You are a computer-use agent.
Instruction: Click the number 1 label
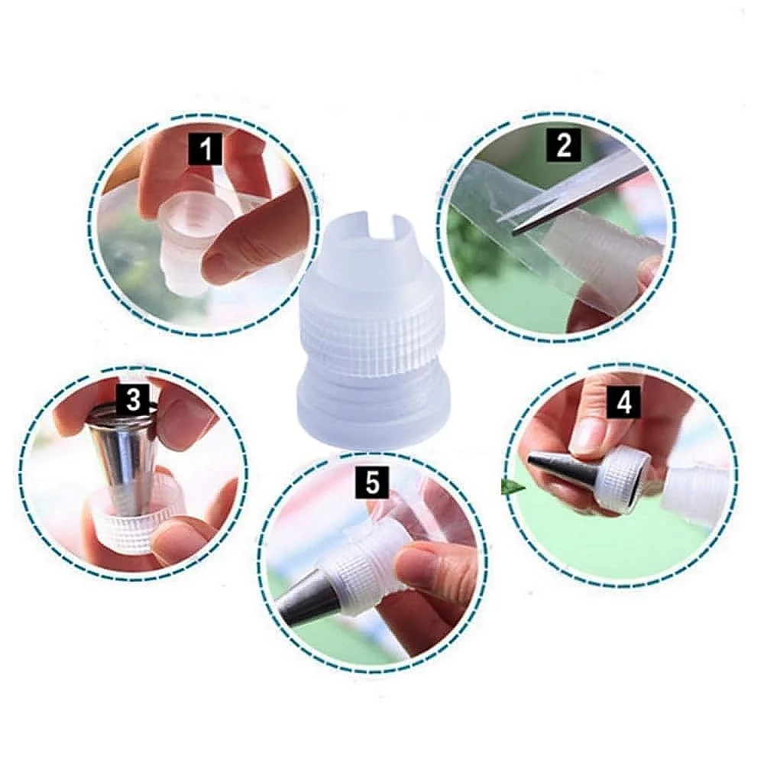tap(206, 148)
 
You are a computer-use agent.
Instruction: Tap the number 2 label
tap(564, 144)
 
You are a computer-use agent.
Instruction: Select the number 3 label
tap(133, 400)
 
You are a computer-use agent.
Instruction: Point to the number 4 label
tap(624, 403)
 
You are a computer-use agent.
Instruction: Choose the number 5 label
tap(372, 482)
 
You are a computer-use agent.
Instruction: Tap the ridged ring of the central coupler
tap(369, 336)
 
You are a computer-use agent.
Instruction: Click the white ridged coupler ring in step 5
tap(361, 575)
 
